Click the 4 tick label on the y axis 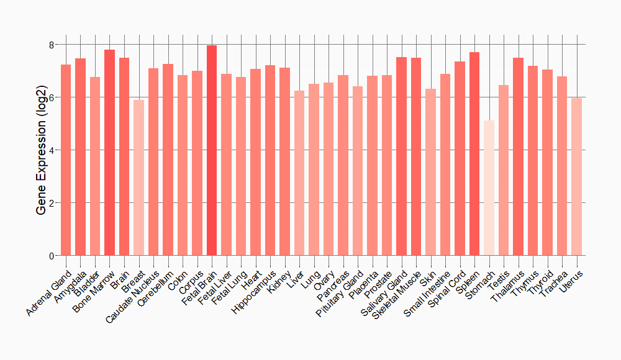pyautogui.click(x=51, y=150)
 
